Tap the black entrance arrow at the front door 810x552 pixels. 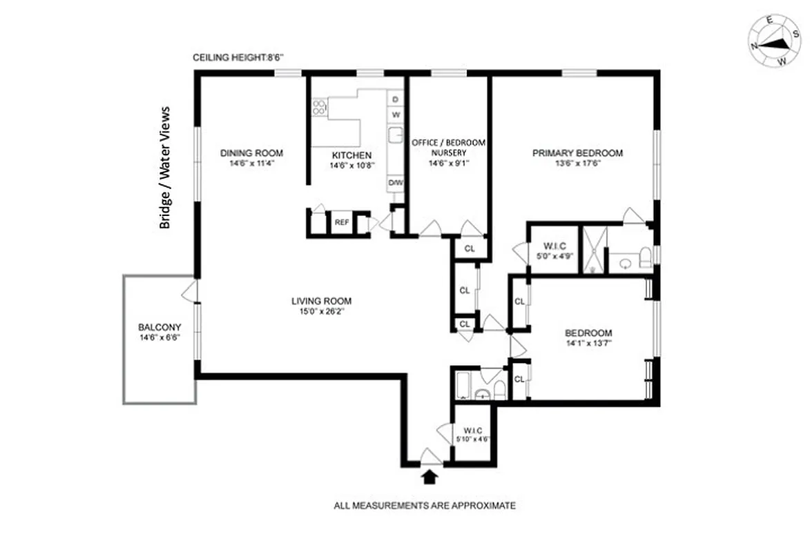pyautogui.click(x=430, y=475)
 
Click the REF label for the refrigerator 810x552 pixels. pyautogui.click(x=342, y=222)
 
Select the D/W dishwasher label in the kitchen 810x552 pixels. pyautogui.click(x=395, y=182)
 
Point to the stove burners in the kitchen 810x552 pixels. pyautogui.click(x=319, y=107)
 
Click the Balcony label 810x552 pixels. pyautogui.click(x=160, y=327)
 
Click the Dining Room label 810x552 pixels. pyautogui.click(x=251, y=153)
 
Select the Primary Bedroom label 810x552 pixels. pyautogui.click(x=577, y=153)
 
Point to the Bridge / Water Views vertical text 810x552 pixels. pyautogui.click(x=165, y=168)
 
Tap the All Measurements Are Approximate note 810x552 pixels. pyautogui.click(x=425, y=506)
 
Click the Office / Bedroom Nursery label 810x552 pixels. pyautogui.click(x=448, y=147)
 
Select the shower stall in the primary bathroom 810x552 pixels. pyautogui.click(x=593, y=248)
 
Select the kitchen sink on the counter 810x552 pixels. pyautogui.click(x=395, y=135)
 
